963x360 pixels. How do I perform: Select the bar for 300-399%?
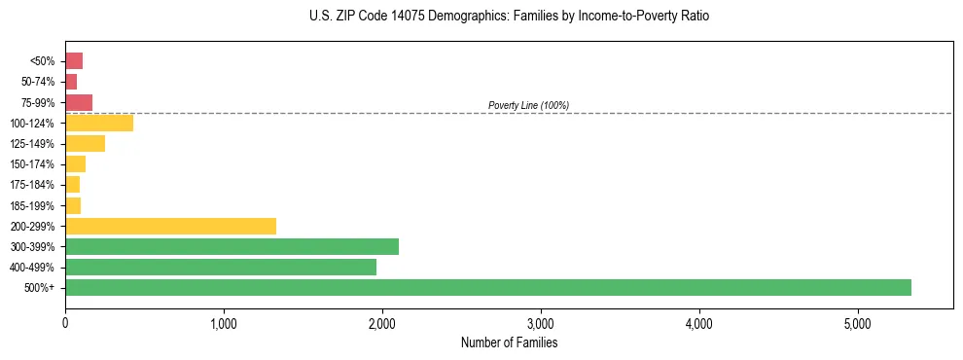click(x=232, y=246)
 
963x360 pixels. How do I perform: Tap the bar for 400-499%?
click(x=221, y=267)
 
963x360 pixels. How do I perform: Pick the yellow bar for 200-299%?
click(x=170, y=226)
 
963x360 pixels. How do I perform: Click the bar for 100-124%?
click(x=99, y=123)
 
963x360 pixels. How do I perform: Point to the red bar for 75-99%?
click(x=79, y=102)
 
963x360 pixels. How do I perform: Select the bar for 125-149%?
click(x=85, y=143)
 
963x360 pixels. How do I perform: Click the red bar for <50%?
click(x=74, y=61)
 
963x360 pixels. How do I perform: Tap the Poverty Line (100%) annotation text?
click(x=528, y=105)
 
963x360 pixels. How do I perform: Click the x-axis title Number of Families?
click(x=509, y=342)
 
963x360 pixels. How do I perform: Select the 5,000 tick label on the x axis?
click(x=857, y=323)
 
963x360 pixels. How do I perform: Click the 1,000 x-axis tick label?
click(x=224, y=323)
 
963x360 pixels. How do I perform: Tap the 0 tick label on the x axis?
click(x=65, y=323)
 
